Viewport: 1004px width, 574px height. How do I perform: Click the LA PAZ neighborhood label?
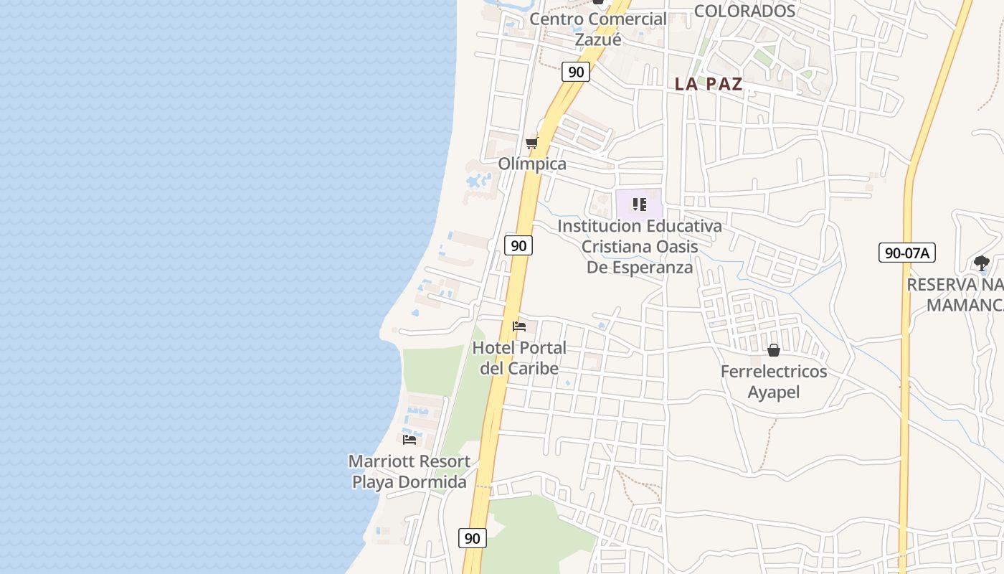click(x=709, y=84)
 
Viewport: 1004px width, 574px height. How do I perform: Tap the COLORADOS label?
click(x=745, y=11)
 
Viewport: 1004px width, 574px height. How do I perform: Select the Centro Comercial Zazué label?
click(x=598, y=29)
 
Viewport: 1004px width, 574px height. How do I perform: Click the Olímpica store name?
click(x=532, y=164)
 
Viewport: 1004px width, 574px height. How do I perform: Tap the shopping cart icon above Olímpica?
click(x=531, y=143)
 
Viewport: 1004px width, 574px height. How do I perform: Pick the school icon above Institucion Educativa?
click(x=640, y=205)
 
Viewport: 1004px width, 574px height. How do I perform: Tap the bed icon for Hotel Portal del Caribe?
click(x=519, y=327)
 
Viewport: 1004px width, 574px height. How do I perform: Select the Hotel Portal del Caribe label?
click(x=519, y=358)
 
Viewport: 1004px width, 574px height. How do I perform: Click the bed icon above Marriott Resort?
click(x=409, y=439)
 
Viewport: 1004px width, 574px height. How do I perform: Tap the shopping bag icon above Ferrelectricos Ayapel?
click(x=774, y=350)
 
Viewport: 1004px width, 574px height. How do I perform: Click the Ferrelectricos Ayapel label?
click(x=774, y=382)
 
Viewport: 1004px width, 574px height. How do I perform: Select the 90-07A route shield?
click(x=907, y=253)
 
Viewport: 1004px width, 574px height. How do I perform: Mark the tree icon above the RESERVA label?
click(x=982, y=263)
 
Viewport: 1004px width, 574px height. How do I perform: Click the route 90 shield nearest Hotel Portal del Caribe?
click(x=518, y=245)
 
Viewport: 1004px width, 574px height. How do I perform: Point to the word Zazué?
click(x=598, y=39)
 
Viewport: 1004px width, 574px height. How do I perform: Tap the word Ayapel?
click(x=774, y=392)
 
